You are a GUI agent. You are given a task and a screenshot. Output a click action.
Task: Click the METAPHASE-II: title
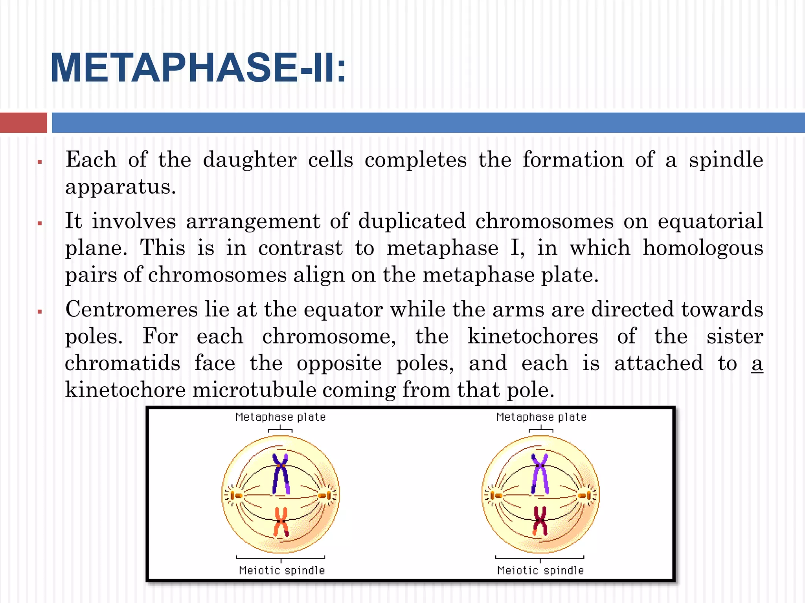pyautogui.click(x=198, y=68)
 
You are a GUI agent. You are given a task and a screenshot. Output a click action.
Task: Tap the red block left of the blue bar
pyautogui.click(x=23, y=122)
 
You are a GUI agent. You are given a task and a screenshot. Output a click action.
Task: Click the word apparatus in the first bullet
pyautogui.click(x=120, y=187)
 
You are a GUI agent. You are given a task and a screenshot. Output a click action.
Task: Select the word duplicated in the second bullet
pyautogui.click(x=412, y=221)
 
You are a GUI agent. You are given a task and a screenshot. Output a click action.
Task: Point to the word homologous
pyautogui.click(x=703, y=249)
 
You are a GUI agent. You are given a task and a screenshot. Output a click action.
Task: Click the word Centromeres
pyautogui.click(x=132, y=309)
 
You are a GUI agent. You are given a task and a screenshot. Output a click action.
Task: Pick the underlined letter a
pyautogui.click(x=757, y=364)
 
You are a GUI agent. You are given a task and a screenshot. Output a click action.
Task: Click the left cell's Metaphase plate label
pyautogui.click(x=280, y=417)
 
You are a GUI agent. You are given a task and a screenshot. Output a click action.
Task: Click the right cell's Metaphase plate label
pyautogui.click(x=541, y=417)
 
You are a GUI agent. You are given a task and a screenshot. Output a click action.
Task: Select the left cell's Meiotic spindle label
pyautogui.click(x=282, y=570)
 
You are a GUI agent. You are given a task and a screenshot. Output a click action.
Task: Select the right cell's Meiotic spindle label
pyautogui.click(x=540, y=570)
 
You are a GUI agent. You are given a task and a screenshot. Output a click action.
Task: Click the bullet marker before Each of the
pyautogui.click(x=40, y=162)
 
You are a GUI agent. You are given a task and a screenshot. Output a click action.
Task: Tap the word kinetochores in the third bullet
pyautogui.click(x=533, y=337)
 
